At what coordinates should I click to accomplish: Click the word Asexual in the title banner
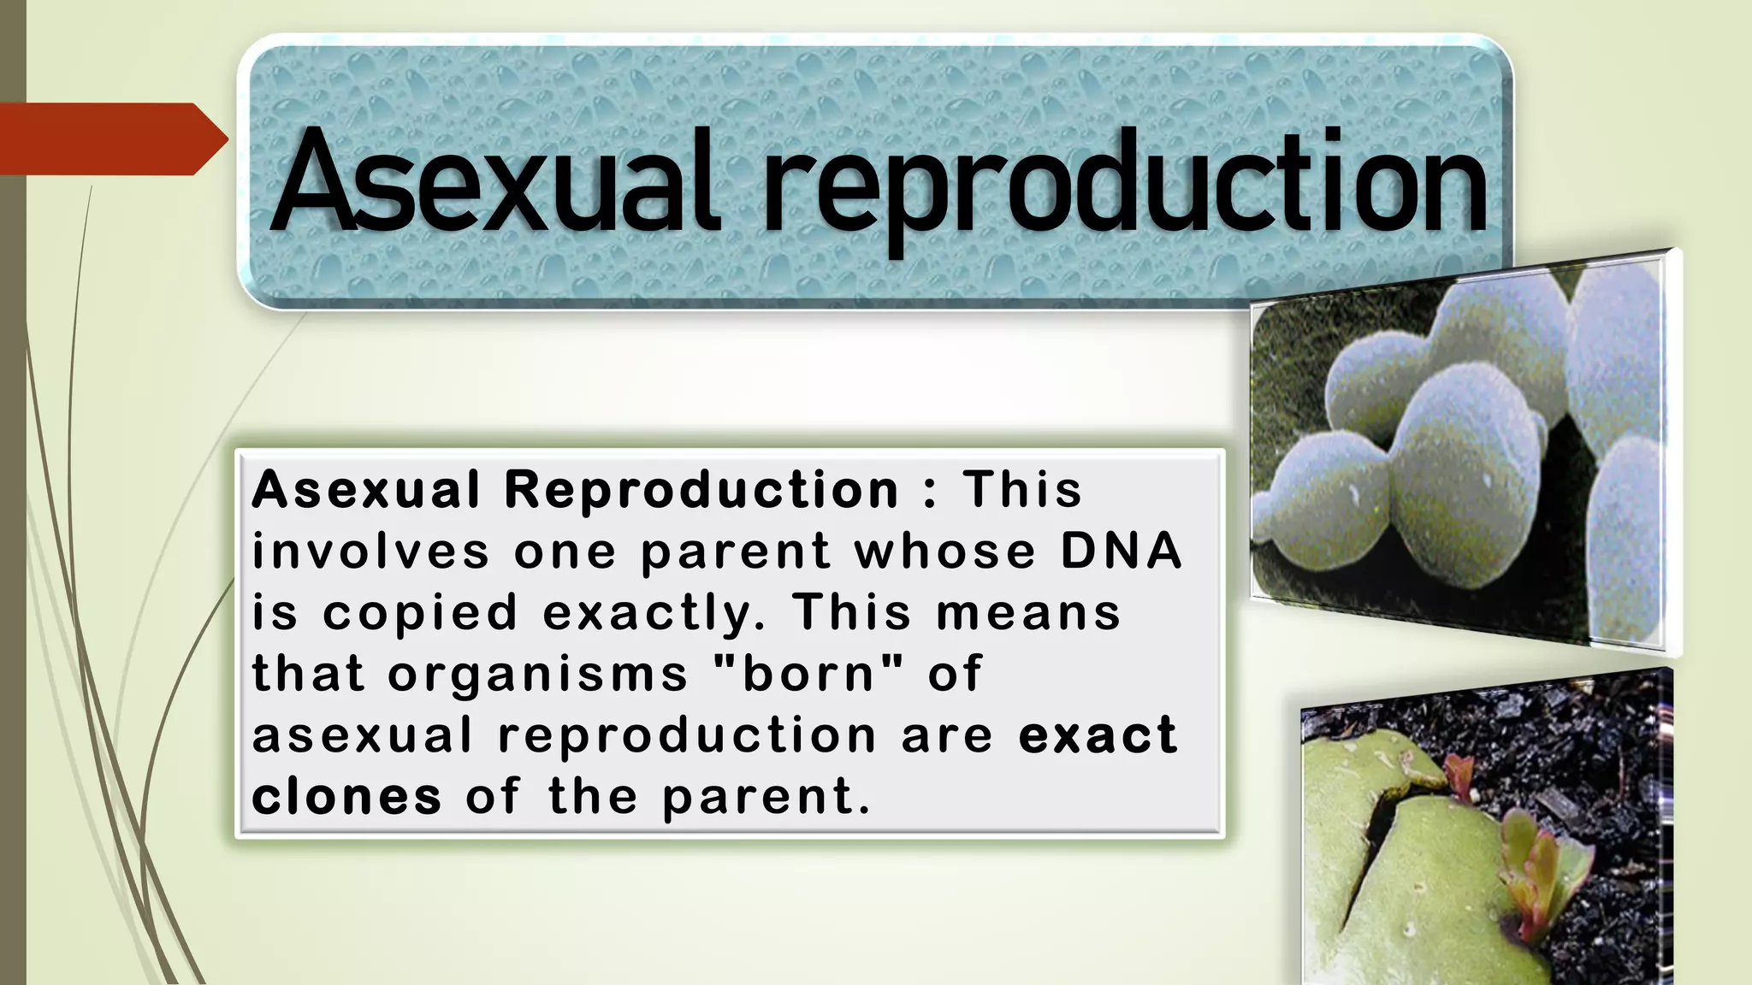[x=492, y=181]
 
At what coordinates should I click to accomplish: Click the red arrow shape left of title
[x=111, y=139]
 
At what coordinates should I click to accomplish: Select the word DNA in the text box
[x=1122, y=551]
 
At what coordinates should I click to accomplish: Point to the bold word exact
[x=1098, y=734]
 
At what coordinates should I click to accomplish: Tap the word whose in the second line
[x=945, y=551]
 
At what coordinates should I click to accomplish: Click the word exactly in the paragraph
[x=654, y=614]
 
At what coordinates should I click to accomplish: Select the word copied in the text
[x=420, y=614]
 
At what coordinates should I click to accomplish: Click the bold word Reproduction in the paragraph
[x=701, y=490]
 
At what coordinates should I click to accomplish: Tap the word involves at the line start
[x=370, y=551]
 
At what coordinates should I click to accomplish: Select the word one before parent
[x=565, y=551]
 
